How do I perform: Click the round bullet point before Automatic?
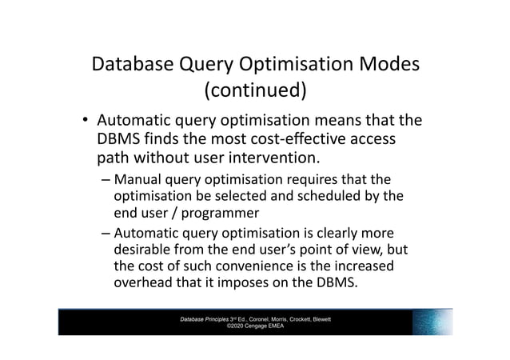point(83,122)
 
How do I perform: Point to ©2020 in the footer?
point(234,326)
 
